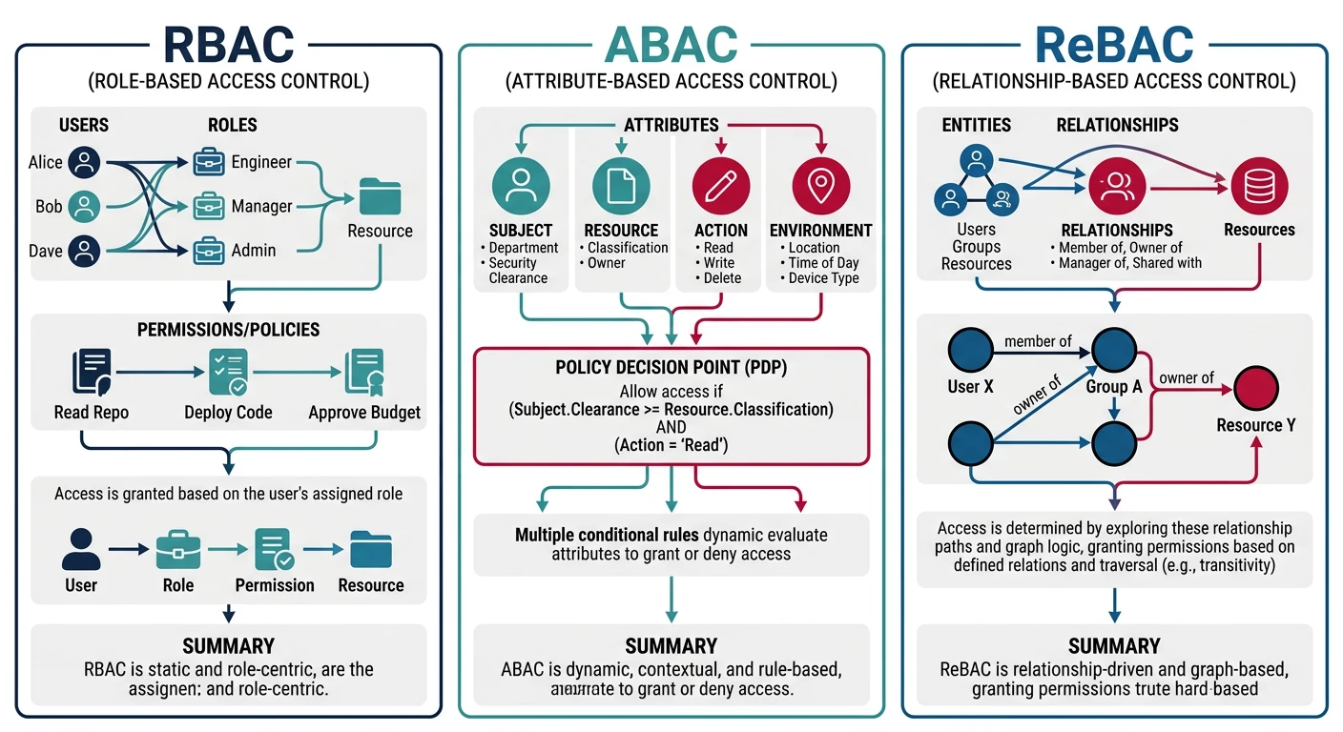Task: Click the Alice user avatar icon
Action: (85, 162)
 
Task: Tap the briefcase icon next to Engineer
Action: (209, 162)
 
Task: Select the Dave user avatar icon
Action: (85, 251)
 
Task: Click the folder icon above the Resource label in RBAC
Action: (380, 197)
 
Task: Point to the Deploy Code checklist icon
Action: (228, 374)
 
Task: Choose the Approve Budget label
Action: (364, 413)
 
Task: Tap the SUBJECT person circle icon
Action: (521, 185)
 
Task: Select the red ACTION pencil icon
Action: (720, 185)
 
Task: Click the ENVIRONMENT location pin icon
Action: (821, 185)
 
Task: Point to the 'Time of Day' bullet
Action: (823, 263)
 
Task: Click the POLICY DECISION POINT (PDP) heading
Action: (671, 368)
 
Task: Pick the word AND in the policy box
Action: (671, 427)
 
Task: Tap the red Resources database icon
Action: (1259, 186)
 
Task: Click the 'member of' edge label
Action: (1038, 341)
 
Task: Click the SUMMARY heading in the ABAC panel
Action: (671, 645)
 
